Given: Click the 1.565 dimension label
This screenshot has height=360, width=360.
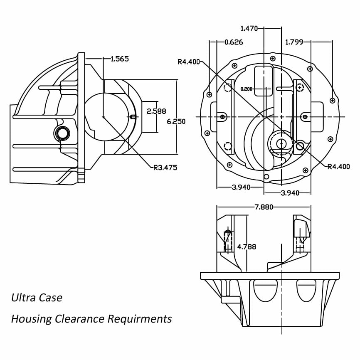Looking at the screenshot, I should pyautogui.click(x=120, y=59).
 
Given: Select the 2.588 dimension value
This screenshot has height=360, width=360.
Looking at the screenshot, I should pyautogui.click(x=157, y=111).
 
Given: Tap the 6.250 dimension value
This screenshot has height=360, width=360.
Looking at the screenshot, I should pyautogui.click(x=176, y=121).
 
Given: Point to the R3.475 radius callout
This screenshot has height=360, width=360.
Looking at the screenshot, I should pyautogui.click(x=165, y=168).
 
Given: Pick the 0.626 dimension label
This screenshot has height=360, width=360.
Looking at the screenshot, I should pyautogui.click(x=234, y=42).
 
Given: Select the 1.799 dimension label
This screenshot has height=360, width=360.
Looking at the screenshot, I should pyautogui.click(x=294, y=42).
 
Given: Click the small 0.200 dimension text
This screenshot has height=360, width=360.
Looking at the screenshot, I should pyautogui.click(x=247, y=89).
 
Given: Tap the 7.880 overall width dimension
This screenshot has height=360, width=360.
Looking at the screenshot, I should pyautogui.click(x=264, y=207).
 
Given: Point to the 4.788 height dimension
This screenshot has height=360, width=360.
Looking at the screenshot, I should pyautogui.click(x=247, y=247).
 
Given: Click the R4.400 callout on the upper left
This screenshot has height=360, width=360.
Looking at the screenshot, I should pyautogui.click(x=189, y=62).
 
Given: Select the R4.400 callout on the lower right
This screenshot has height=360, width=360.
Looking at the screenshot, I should pyautogui.click(x=339, y=167).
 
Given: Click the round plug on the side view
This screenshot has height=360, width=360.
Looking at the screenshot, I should pyautogui.click(x=62, y=133).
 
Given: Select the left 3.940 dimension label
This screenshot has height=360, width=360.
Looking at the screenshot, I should pyautogui.click(x=242, y=187).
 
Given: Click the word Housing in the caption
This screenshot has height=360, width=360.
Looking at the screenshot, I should pyautogui.click(x=31, y=319).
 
